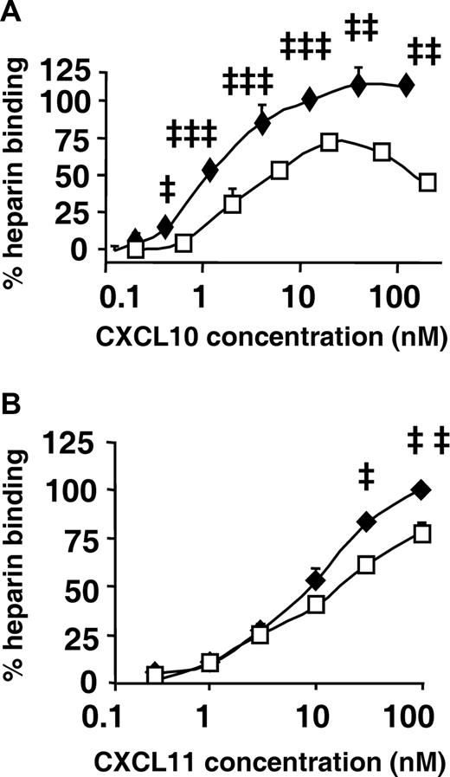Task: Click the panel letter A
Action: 10,11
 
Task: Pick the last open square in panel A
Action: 427,183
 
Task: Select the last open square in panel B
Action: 421,534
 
